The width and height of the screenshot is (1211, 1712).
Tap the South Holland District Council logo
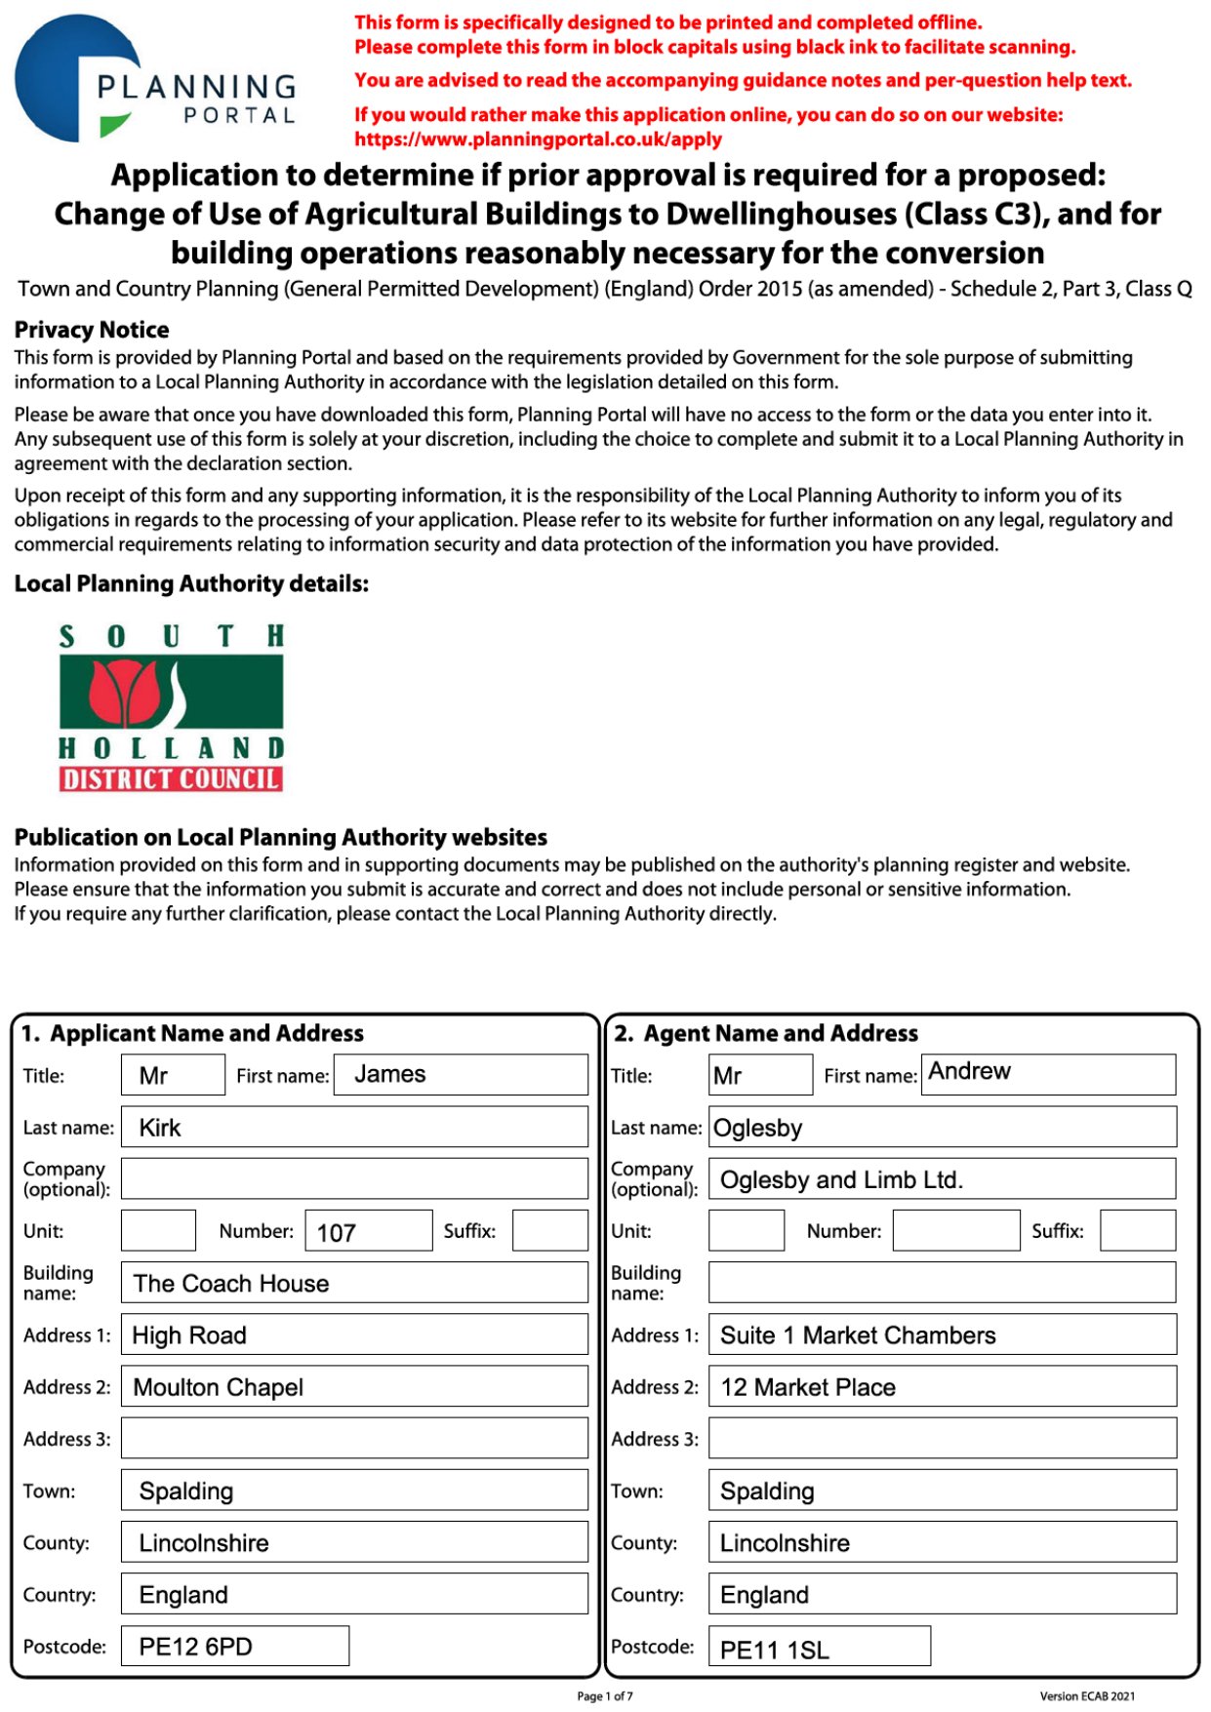(x=172, y=707)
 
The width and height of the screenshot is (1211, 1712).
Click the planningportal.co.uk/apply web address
(x=538, y=139)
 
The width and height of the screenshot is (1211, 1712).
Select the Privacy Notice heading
(x=92, y=330)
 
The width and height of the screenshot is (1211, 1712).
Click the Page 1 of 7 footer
(x=605, y=1696)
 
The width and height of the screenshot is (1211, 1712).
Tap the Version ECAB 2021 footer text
(x=1087, y=1696)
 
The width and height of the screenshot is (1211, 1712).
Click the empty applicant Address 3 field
(x=354, y=1439)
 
